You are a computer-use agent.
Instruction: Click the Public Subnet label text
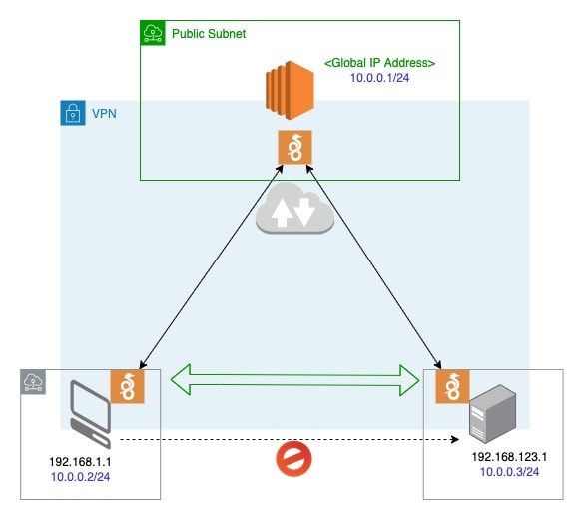coord(209,34)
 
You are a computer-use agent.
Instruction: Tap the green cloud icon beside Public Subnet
coord(153,33)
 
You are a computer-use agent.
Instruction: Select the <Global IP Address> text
coord(379,63)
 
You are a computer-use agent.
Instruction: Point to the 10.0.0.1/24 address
coord(380,78)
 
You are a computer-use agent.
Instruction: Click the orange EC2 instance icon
coord(290,90)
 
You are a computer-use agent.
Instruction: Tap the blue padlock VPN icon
coord(73,113)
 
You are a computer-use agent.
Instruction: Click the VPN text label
coord(104,113)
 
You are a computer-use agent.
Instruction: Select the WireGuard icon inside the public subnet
coord(294,147)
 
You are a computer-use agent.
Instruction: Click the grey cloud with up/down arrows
coord(294,209)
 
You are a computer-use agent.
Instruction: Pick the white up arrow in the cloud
coord(282,213)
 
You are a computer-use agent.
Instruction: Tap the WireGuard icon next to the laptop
coord(128,386)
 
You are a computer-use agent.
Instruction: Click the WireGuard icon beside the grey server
coord(452,386)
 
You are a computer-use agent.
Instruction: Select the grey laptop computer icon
coord(91,414)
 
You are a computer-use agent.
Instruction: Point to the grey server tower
coord(493,414)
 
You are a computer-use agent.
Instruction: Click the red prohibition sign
coord(293,459)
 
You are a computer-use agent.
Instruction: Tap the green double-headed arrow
coord(294,380)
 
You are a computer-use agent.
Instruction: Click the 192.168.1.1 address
coord(80,462)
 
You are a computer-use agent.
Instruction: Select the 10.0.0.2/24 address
coord(81,477)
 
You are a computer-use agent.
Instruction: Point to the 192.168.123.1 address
coord(509,457)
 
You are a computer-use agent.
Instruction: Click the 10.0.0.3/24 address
coord(509,472)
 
